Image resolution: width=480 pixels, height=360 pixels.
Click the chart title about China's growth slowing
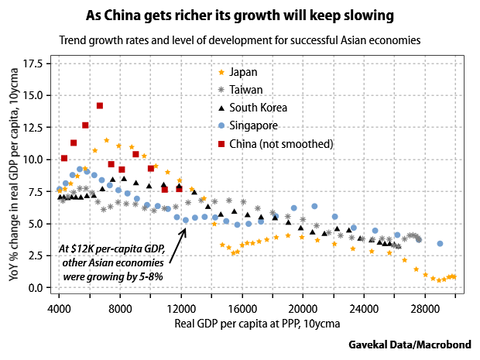click(239, 15)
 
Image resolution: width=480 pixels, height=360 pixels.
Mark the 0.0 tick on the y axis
click(36, 288)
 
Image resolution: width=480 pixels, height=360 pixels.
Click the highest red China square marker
click(100, 105)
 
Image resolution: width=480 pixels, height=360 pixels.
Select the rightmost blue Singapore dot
click(440, 244)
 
